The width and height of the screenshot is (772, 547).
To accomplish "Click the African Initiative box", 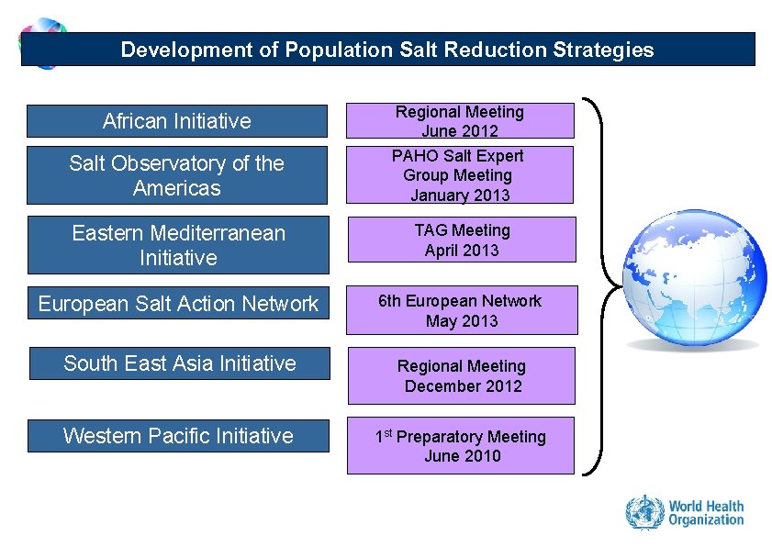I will point(176,121).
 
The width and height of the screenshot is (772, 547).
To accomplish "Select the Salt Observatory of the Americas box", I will point(176,175).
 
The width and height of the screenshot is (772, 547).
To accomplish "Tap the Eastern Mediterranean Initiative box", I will point(178,245).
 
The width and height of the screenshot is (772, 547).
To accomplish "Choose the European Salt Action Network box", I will point(178,304).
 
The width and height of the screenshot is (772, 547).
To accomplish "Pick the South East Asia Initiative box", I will point(179,363).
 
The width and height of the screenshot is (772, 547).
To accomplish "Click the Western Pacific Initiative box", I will point(178,435).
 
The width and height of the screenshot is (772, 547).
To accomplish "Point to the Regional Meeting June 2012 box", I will point(460,121).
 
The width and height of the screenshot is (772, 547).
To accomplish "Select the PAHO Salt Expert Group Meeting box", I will point(460,175).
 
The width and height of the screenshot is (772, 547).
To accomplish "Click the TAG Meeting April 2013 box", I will point(462,240).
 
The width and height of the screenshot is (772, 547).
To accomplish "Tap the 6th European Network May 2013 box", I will point(462,310).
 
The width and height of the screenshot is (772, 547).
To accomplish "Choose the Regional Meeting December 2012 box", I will point(462,375).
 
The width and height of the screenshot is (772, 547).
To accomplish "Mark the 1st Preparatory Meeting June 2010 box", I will point(461,446).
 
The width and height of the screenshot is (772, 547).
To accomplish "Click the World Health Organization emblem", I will point(643,513).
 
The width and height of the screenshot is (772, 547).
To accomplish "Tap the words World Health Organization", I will point(706,513).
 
